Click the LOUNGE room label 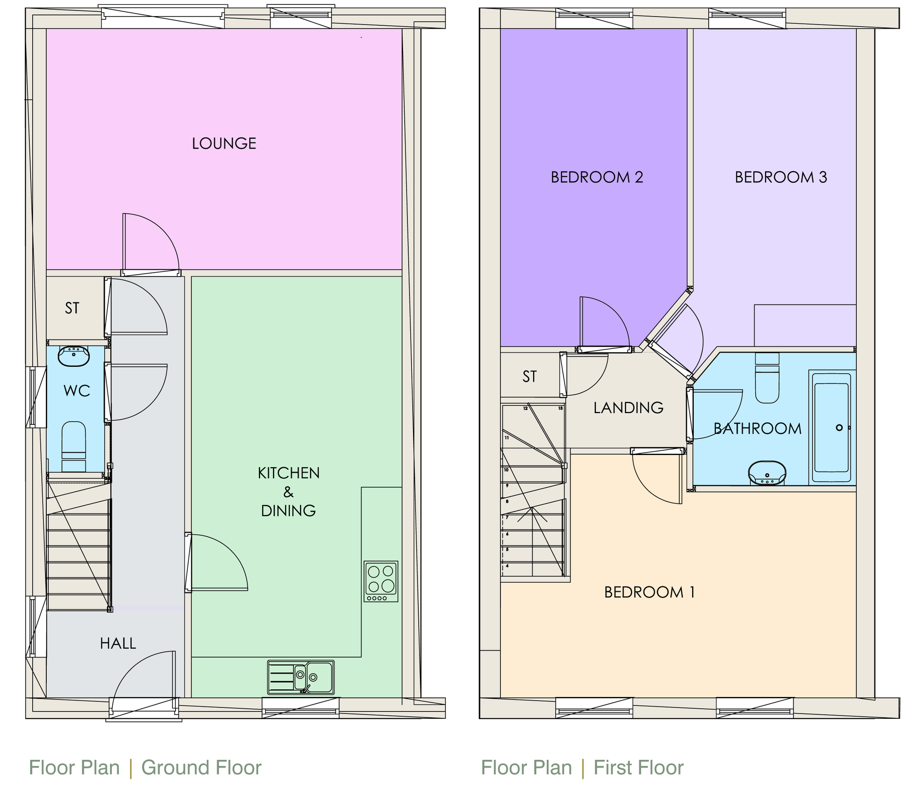click(224, 143)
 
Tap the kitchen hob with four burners click(380, 581)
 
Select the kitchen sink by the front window click(300, 677)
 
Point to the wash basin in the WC click(74, 356)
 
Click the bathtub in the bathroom click(831, 427)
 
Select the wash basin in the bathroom click(767, 473)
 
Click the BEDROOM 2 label click(597, 177)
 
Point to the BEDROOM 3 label click(781, 177)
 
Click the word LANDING click(628, 408)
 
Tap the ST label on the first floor click(529, 376)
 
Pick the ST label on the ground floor click(72, 308)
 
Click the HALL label click(117, 644)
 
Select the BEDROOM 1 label click(649, 593)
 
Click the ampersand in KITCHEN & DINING click(288, 492)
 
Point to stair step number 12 click(525, 409)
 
